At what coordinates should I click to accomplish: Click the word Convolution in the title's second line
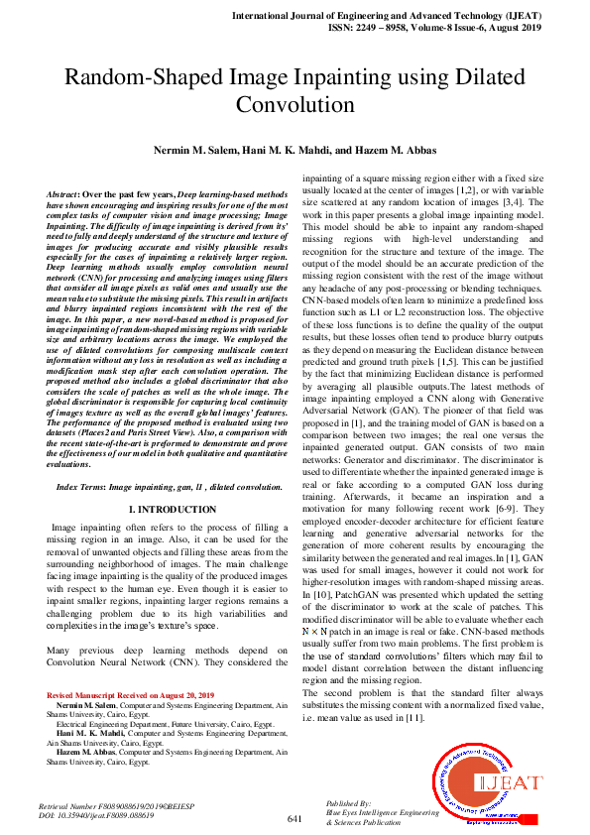[295, 104]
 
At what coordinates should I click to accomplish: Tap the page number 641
[294, 818]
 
